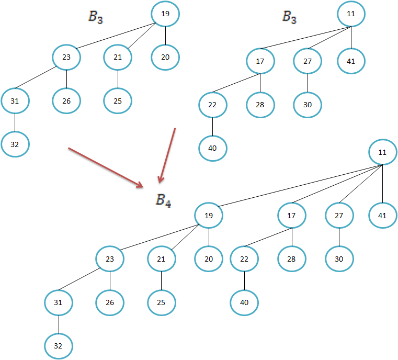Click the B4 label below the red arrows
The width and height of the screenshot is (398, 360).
(x=163, y=201)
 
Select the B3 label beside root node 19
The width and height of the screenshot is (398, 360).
(x=95, y=17)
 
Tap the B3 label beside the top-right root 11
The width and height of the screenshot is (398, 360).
(x=290, y=17)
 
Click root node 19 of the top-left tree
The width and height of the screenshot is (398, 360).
(x=165, y=14)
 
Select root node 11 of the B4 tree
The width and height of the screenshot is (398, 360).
(x=383, y=153)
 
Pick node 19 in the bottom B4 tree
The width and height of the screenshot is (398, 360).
(x=209, y=215)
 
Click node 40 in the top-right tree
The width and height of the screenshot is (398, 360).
(x=212, y=148)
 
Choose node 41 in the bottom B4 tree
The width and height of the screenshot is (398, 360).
(x=383, y=215)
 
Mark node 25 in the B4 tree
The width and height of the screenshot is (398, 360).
(x=162, y=302)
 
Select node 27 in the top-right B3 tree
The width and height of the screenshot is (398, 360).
(x=308, y=61)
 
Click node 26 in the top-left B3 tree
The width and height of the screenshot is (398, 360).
(x=66, y=100)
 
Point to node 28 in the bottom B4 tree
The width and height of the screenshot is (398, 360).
(x=292, y=258)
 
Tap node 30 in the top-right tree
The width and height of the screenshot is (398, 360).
(x=308, y=105)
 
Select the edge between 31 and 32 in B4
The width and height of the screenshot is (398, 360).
(x=59, y=324)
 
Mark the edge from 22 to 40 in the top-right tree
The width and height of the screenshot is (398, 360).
(x=212, y=127)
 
